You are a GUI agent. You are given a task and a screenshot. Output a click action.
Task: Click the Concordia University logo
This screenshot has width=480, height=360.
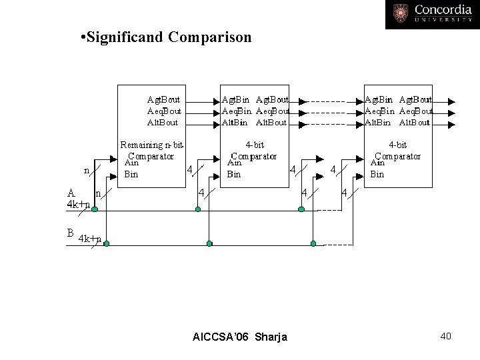coord(431,14)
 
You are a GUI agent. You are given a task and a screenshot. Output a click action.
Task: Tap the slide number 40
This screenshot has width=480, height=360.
coord(446,336)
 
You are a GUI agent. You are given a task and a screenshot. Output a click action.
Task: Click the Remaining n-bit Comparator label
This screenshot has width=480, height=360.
coord(151,151)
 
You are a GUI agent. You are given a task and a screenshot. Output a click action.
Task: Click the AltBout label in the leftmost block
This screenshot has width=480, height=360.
coord(163,122)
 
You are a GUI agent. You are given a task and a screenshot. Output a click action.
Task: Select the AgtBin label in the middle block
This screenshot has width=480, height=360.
coord(235,101)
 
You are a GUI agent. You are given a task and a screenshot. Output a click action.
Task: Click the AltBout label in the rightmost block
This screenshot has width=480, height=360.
coord(415,122)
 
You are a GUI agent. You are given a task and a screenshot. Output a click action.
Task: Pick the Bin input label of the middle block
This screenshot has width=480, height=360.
coord(234,175)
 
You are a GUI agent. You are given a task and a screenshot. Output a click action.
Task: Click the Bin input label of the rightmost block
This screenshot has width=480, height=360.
coord(377,175)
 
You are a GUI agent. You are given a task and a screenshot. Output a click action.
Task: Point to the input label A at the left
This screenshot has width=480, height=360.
coord(70,193)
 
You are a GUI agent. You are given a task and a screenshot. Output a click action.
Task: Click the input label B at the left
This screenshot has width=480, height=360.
coord(69,233)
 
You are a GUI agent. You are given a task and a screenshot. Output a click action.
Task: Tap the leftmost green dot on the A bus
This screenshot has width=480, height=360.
coord(95,209)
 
